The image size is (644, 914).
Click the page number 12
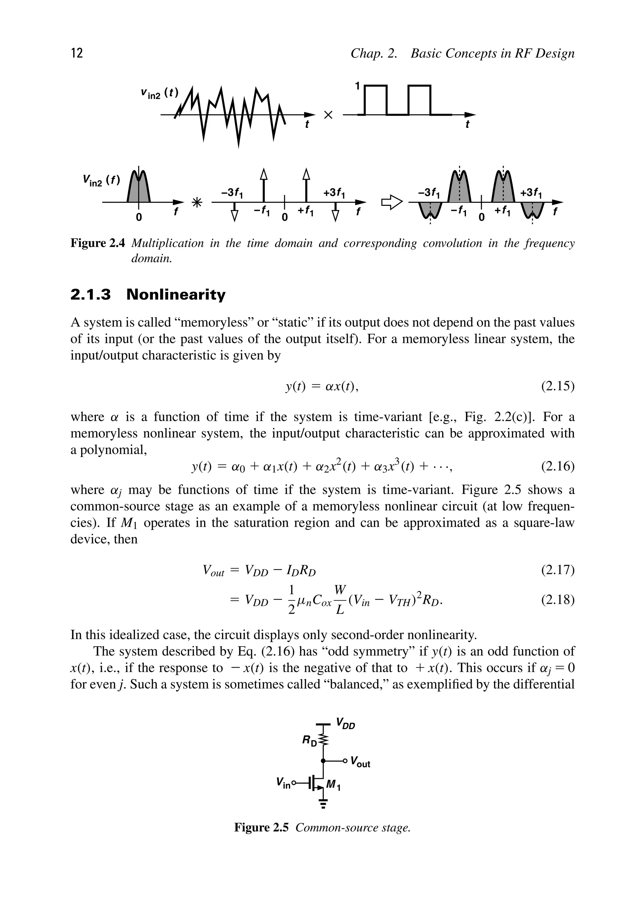77,53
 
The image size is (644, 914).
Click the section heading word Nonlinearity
176,295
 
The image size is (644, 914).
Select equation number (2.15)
558,386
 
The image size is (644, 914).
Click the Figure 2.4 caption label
97,243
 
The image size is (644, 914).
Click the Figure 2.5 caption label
261,828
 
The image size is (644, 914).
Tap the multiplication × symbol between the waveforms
328,115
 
